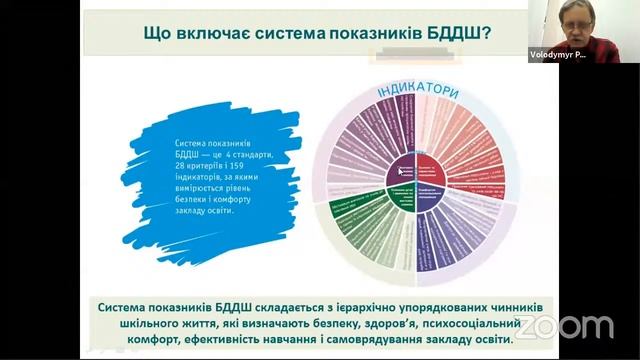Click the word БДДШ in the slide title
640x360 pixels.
point(450,33)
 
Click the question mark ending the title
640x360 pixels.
point(485,33)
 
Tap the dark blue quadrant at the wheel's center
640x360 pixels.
point(442,192)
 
